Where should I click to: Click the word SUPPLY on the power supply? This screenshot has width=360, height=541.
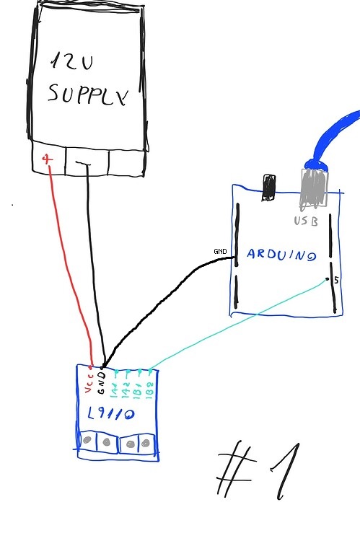(87, 94)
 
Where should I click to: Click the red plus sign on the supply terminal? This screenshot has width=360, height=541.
(48, 159)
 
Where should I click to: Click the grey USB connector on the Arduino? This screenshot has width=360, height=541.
(315, 189)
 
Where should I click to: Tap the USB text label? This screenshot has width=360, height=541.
(306, 221)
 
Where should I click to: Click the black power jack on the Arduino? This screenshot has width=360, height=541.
(269, 187)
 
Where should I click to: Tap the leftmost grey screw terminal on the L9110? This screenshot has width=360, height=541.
(87, 441)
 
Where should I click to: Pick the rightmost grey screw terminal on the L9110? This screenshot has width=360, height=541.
(146, 442)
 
